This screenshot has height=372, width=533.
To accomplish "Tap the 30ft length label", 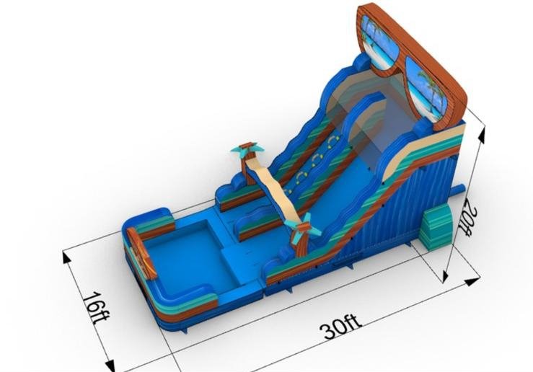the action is coord(340,326).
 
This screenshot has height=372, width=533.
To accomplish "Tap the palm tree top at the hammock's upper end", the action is coord(247,149).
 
